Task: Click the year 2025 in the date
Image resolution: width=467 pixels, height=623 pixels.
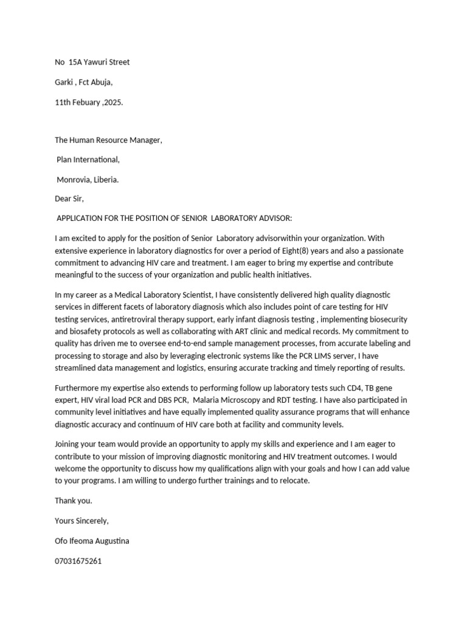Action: pyautogui.click(x=112, y=102)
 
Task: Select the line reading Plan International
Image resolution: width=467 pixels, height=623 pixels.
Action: pyautogui.click(x=88, y=160)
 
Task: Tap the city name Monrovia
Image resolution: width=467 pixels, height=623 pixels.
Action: pyautogui.click(x=72, y=179)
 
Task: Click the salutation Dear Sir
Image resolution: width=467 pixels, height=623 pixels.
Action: pyautogui.click(x=69, y=199)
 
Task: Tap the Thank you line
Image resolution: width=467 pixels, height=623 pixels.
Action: pyautogui.click(x=74, y=501)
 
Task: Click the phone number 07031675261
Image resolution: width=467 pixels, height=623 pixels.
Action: pyautogui.click(x=78, y=561)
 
